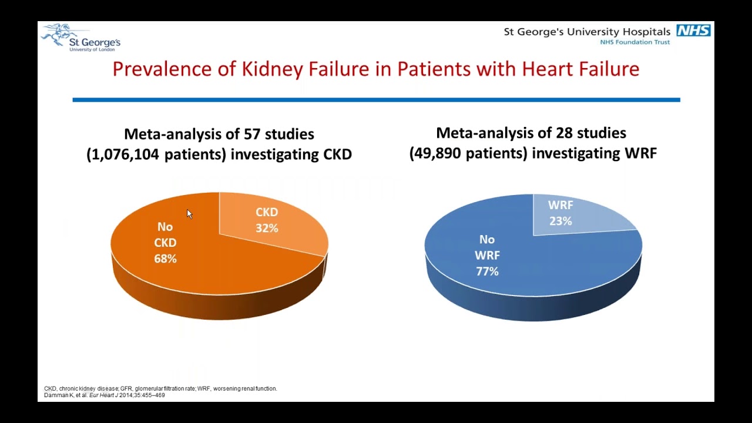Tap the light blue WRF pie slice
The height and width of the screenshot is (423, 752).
pyautogui.click(x=587, y=217)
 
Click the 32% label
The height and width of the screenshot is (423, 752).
pyautogui.click(x=267, y=228)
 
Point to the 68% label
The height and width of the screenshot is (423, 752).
pyautogui.click(x=165, y=258)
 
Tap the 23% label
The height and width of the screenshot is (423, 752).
pyautogui.click(x=560, y=221)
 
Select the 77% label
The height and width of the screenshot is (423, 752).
pyautogui.click(x=487, y=271)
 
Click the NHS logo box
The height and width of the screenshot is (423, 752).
pyautogui.click(x=693, y=31)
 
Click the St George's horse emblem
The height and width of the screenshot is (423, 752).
pyautogui.click(x=59, y=33)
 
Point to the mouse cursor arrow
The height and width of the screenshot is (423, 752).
pyautogui.click(x=189, y=214)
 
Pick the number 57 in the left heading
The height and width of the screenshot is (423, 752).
pyautogui.click(x=251, y=134)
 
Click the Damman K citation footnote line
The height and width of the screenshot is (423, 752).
pyautogui.click(x=105, y=395)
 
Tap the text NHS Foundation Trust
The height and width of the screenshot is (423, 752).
pyautogui.click(x=634, y=42)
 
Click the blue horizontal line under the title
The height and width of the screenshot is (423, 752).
pyautogui.click(x=376, y=100)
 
